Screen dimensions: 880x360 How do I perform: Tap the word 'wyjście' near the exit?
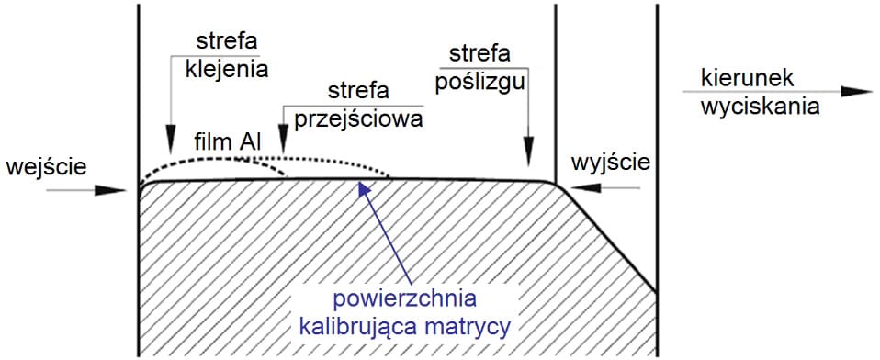tap(610, 163)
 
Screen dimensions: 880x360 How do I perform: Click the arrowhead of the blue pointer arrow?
tap(360, 186)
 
